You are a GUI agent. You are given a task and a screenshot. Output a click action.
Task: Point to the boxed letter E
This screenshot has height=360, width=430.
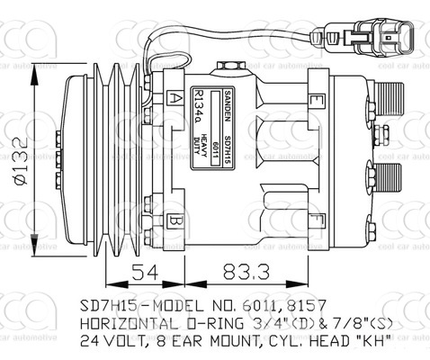316,100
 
